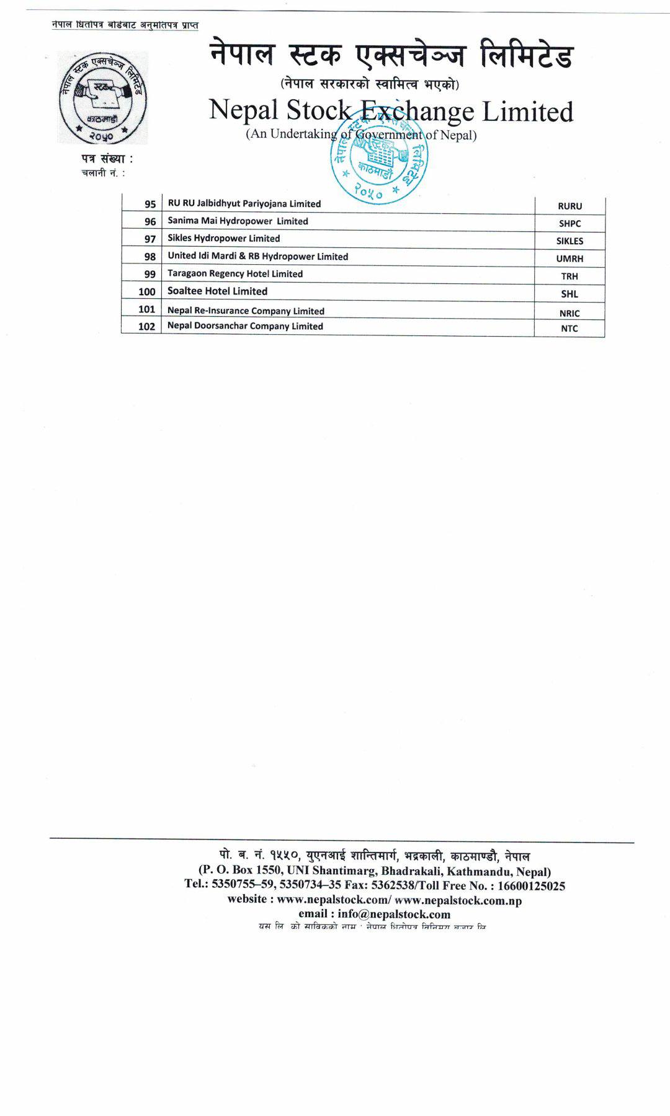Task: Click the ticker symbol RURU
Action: pyautogui.click(x=569, y=206)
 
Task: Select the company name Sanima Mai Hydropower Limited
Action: pyautogui.click(x=238, y=221)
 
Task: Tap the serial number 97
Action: pyautogui.click(x=150, y=239)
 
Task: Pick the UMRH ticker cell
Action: pyautogui.click(x=569, y=259)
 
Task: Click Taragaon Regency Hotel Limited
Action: pyautogui.click(x=235, y=274)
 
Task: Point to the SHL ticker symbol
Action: pyautogui.click(x=569, y=294)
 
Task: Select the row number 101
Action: pyautogui.click(x=147, y=309)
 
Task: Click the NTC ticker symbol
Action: pyautogui.click(x=569, y=329)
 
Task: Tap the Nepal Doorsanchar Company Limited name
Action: pyautogui.click(x=245, y=326)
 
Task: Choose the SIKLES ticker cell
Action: pyautogui.click(x=569, y=241)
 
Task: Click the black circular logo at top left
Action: pyautogui.click(x=102, y=98)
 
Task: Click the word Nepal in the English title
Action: pyautogui.click(x=243, y=110)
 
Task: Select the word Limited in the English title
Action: pyautogui.click(x=527, y=112)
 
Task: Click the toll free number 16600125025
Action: pyautogui.click(x=532, y=886)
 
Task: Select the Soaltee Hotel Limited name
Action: pyautogui.click(x=217, y=291)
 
